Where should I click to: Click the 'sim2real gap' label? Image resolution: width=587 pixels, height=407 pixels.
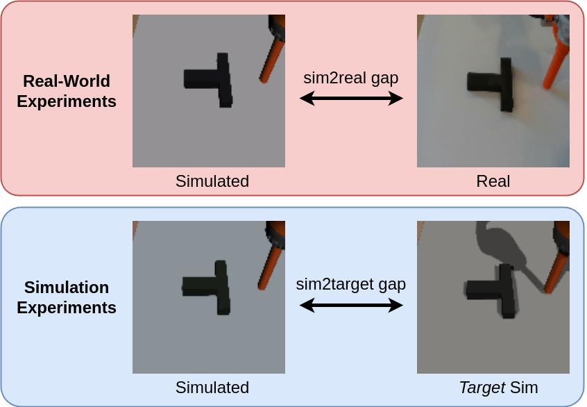point(350,78)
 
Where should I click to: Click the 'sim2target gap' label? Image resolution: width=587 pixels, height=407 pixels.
point(350,284)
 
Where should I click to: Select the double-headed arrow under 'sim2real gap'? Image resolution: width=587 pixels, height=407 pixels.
point(350,99)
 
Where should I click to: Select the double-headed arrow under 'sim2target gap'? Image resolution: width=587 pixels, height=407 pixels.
point(350,305)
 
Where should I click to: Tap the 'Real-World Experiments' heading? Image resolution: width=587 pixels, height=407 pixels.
point(67,91)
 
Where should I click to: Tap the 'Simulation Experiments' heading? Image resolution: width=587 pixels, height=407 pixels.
point(67,297)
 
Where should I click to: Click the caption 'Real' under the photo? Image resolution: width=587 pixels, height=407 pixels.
point(493,182)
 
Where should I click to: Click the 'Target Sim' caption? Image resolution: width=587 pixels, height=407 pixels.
point(498,388)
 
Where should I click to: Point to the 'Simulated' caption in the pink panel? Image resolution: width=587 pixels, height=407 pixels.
point(212,182)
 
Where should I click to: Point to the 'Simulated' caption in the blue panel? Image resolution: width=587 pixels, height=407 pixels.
point(212,388)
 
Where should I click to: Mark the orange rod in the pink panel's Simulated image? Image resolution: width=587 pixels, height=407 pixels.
point(271,60)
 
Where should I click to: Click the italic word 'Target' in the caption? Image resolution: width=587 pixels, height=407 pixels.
point(482,388)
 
